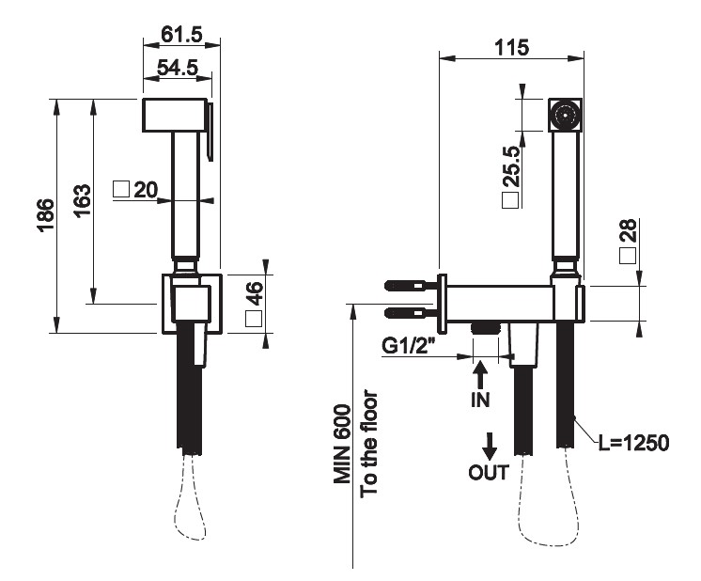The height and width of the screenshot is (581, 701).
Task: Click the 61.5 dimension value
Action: pos(181,34)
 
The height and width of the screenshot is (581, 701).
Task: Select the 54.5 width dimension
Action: pos(177,68)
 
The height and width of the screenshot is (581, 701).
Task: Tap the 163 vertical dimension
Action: pos(81,201)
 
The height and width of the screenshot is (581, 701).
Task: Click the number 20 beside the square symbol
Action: pos(145,189)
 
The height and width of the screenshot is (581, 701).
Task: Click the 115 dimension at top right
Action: pos(511,46)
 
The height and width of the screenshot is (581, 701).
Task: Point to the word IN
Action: pos(480,399)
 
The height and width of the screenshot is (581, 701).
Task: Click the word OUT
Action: pos(489,472)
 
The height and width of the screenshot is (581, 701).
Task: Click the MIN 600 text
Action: pos(343,444)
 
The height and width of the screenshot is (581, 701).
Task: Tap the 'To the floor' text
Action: pos(369,443)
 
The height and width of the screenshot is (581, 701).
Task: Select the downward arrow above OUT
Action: pos(490,443)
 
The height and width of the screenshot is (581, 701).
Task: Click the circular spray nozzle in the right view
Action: pos(565,116)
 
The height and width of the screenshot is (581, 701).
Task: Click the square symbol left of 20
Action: pos(121,189)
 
